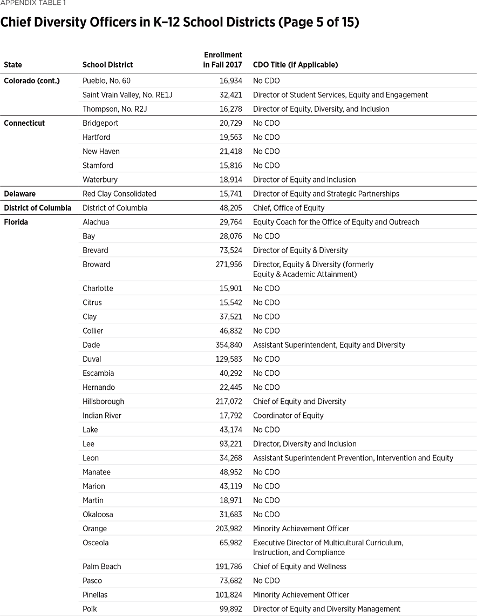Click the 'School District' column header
(107, 65)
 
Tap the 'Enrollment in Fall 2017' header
(223, 59)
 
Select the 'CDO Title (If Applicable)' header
(295, 65)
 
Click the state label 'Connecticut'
(24, 123)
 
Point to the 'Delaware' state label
(20, 193)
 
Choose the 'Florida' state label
(16, 222)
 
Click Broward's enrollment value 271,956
(229, 265)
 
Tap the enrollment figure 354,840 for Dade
(229, 345)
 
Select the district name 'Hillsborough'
(103, 401)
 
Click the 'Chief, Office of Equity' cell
(289, 208)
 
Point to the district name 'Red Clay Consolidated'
(119, 193)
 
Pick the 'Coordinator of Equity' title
(288, 416)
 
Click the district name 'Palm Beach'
(101, 566)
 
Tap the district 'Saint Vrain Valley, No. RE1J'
(127, 95)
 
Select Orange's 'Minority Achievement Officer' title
(301, 529)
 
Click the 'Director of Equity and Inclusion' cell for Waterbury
(304, 179)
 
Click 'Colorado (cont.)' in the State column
(31, 81)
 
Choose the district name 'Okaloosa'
(98, 515)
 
